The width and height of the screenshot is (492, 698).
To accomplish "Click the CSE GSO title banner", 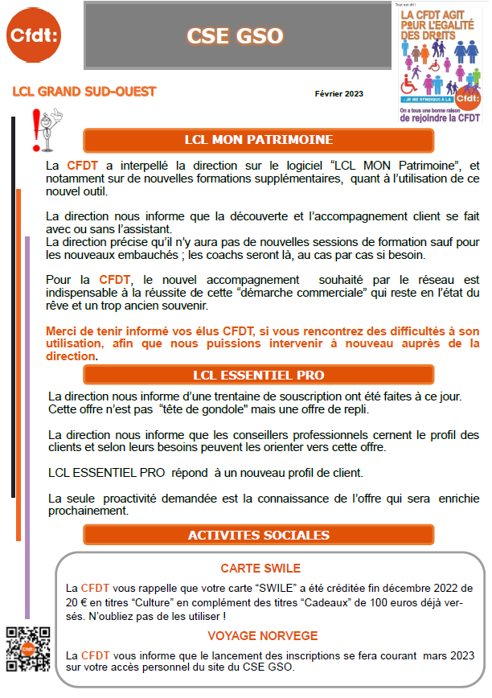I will tap(235, 36).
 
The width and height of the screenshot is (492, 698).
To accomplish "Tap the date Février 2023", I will tap(338, 94).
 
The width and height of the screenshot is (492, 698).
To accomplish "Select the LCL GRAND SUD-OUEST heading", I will tap(84, 92).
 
